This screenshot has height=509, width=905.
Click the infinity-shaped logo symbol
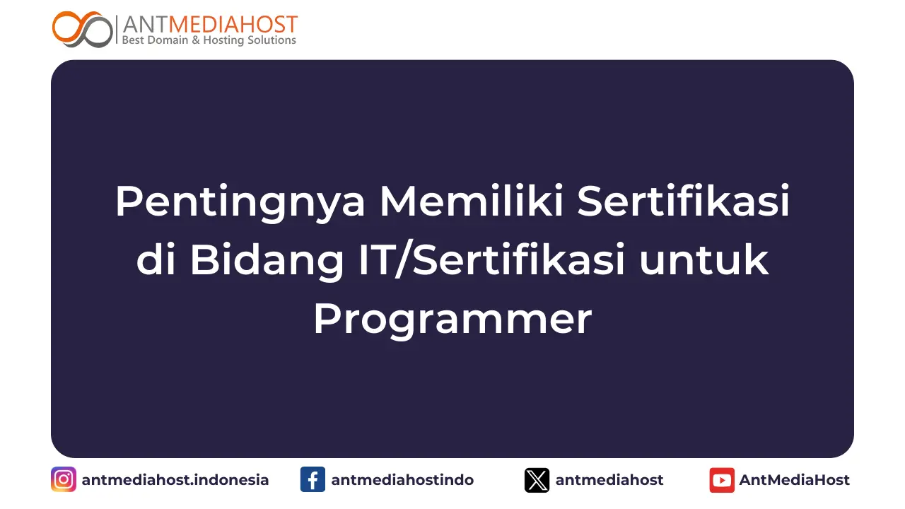pos(82,29)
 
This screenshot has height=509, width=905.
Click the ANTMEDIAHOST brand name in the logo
pos(209,24)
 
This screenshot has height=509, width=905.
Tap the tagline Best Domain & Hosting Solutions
pos(209,41)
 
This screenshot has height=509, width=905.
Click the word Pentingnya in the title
pos(240,201)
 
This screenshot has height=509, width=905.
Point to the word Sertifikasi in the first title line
pos(683,201)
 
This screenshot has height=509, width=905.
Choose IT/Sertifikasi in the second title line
pos(488,260)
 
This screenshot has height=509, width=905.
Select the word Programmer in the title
pos(452,320)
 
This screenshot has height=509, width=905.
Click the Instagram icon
pos(64,480)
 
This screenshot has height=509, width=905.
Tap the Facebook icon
pos(313,480)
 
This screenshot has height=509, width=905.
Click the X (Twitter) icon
pos(537,480)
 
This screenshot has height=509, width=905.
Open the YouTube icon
pos(722,480)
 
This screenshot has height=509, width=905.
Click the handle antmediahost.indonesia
pos(175,480)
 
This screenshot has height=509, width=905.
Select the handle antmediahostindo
pos(402,480)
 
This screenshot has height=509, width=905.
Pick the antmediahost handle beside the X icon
pos(609,480)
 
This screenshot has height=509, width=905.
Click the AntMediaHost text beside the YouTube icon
pos(795,480)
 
